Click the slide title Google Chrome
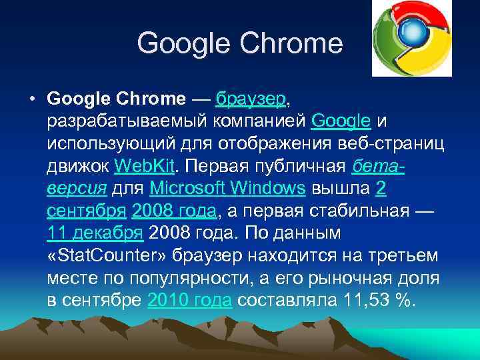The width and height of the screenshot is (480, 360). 239,44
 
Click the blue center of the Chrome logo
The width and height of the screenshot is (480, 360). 413,33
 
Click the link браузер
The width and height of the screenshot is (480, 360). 251,100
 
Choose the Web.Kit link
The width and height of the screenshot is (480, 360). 143,166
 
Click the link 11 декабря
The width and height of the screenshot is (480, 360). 95,234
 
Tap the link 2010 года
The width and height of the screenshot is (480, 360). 189,301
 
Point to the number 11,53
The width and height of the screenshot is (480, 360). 363,301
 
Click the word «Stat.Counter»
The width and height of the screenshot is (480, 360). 109,256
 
